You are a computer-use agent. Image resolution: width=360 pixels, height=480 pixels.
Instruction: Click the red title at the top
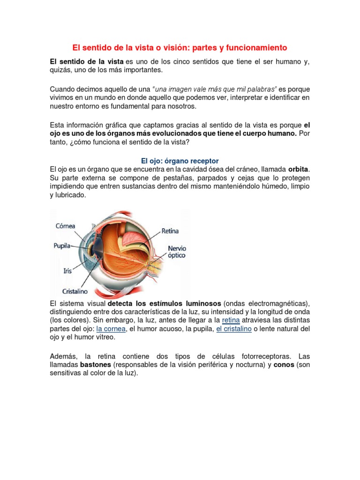[x=180, y=48]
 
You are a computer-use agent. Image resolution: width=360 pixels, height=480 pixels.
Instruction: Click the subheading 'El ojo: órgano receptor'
[x=180, y=160]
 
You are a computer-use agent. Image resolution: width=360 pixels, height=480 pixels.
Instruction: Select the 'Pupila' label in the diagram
[x=62, y=245]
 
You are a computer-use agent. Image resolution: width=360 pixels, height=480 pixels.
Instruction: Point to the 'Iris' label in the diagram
[x=68, y=270]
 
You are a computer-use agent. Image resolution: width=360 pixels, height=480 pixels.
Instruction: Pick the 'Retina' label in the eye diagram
[x=170, y=231]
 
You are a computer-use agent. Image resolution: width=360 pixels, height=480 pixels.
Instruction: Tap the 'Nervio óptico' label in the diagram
[x=176, y=251]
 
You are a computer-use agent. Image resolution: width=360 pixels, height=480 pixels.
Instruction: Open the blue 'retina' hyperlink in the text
[x=231, y=320]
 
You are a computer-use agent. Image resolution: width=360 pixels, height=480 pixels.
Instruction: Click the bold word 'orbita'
[x=299, y=169]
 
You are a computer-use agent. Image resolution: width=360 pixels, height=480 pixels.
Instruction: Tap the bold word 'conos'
[x=284, y=364]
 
